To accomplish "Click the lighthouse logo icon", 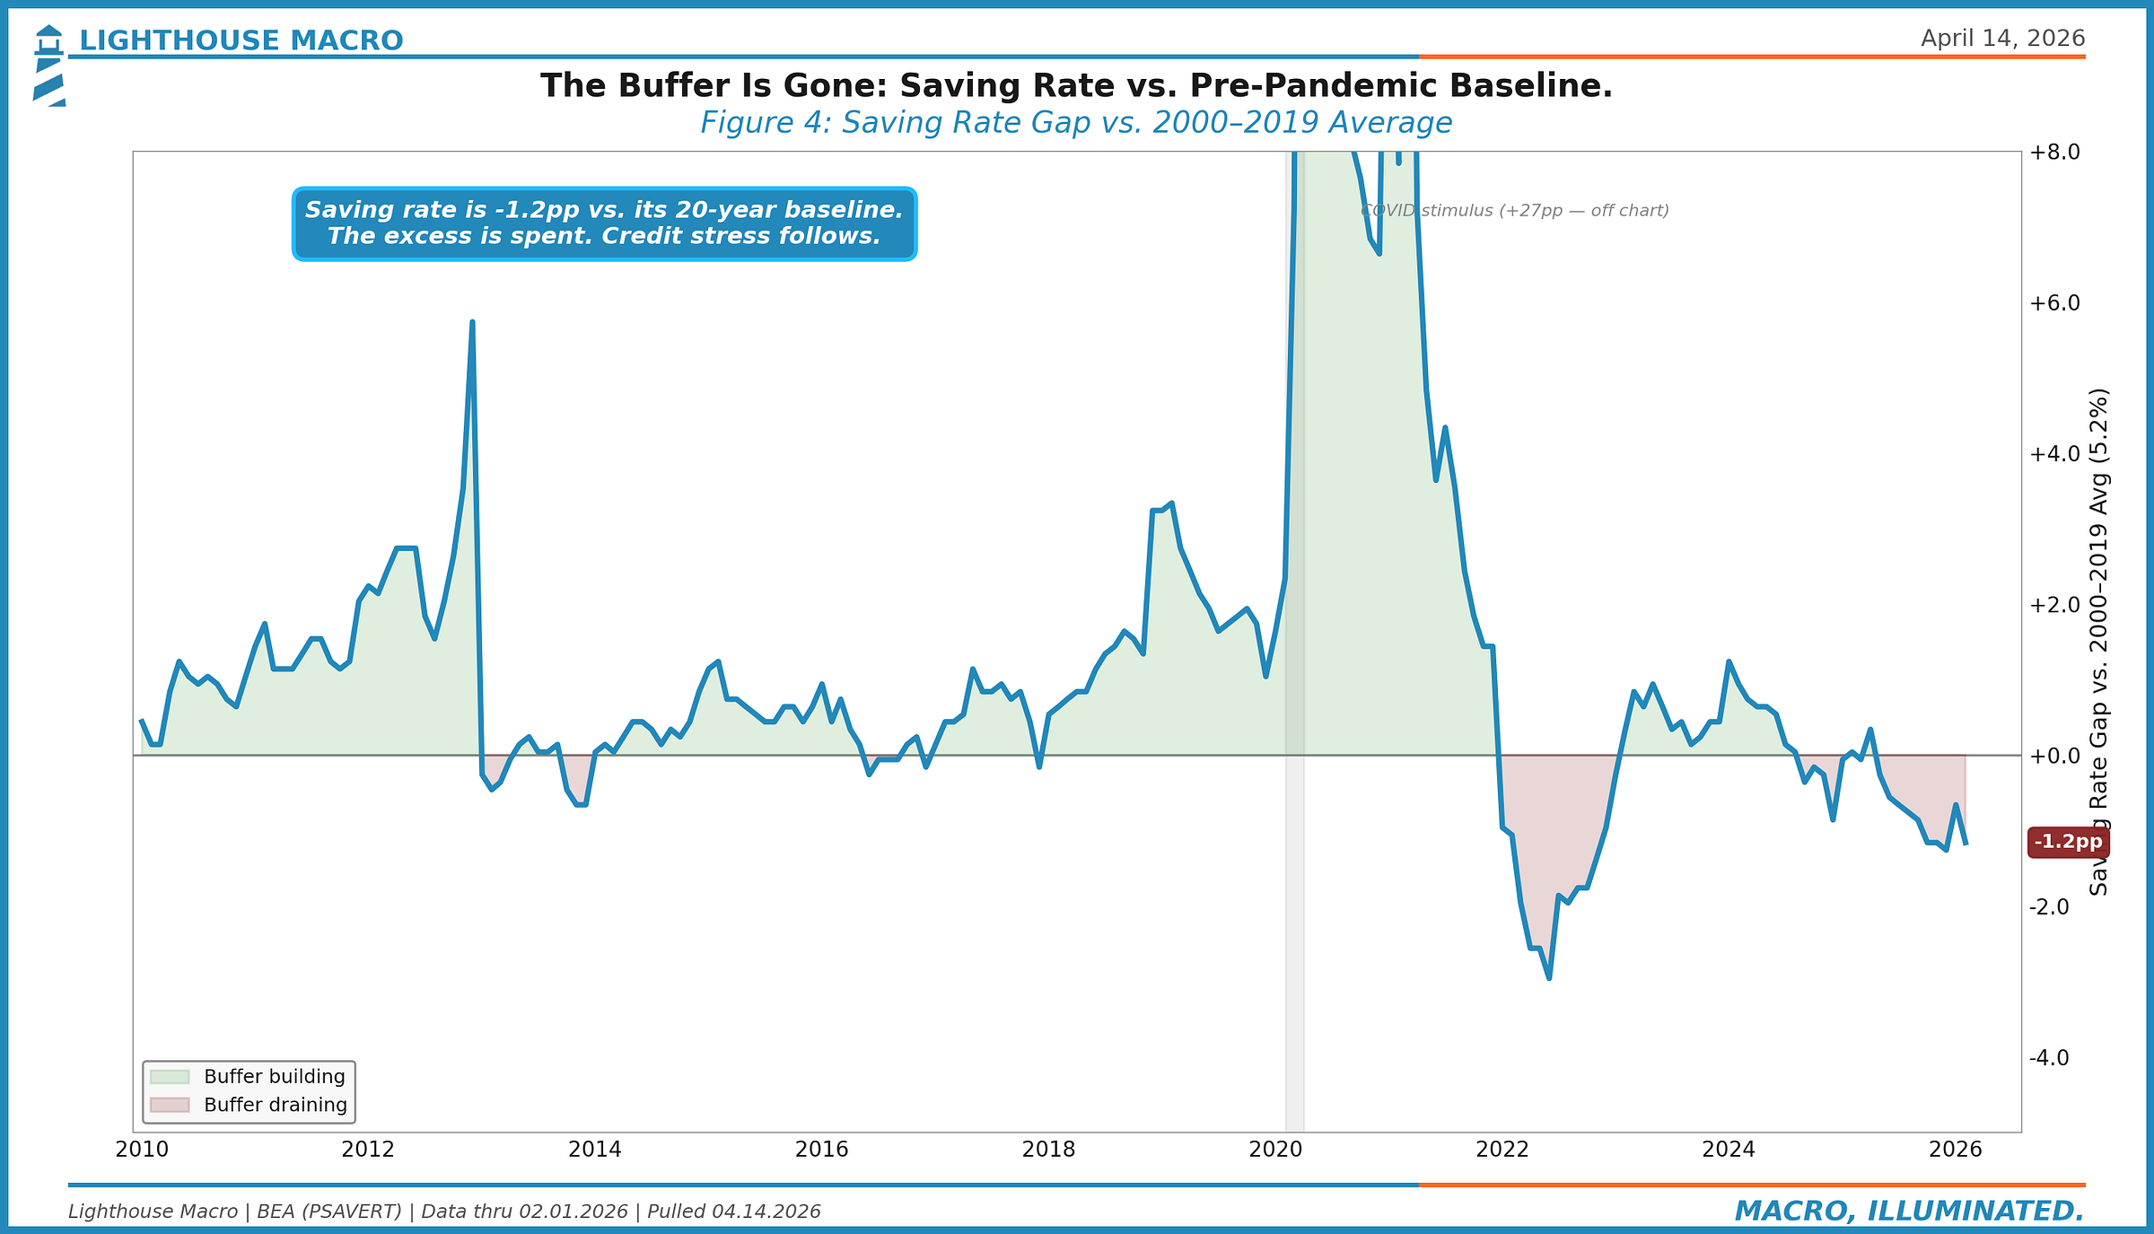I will coord(49,65).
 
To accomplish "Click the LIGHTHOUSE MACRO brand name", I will coord(241,40).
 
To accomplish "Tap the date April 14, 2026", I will coord(2002,39).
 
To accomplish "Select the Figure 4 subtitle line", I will coord(1075,123).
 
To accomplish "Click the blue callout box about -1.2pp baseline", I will coord(604,223).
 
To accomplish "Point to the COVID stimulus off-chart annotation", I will coord(1514,211).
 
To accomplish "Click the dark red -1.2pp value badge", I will coord(2068,842).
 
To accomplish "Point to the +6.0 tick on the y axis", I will coord(2054,302).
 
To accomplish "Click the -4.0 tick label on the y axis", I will coord(2049,1057).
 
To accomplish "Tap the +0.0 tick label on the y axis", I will coord(2054,756).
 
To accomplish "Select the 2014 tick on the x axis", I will coord(594,1150).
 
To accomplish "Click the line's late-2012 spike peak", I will coord(472,323).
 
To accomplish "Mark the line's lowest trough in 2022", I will coord(1549,977).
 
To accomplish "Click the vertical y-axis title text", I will coord(2098,641).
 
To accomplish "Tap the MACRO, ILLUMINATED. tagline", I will coord(1909,1211).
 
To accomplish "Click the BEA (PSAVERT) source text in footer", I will coord(329,1212).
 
